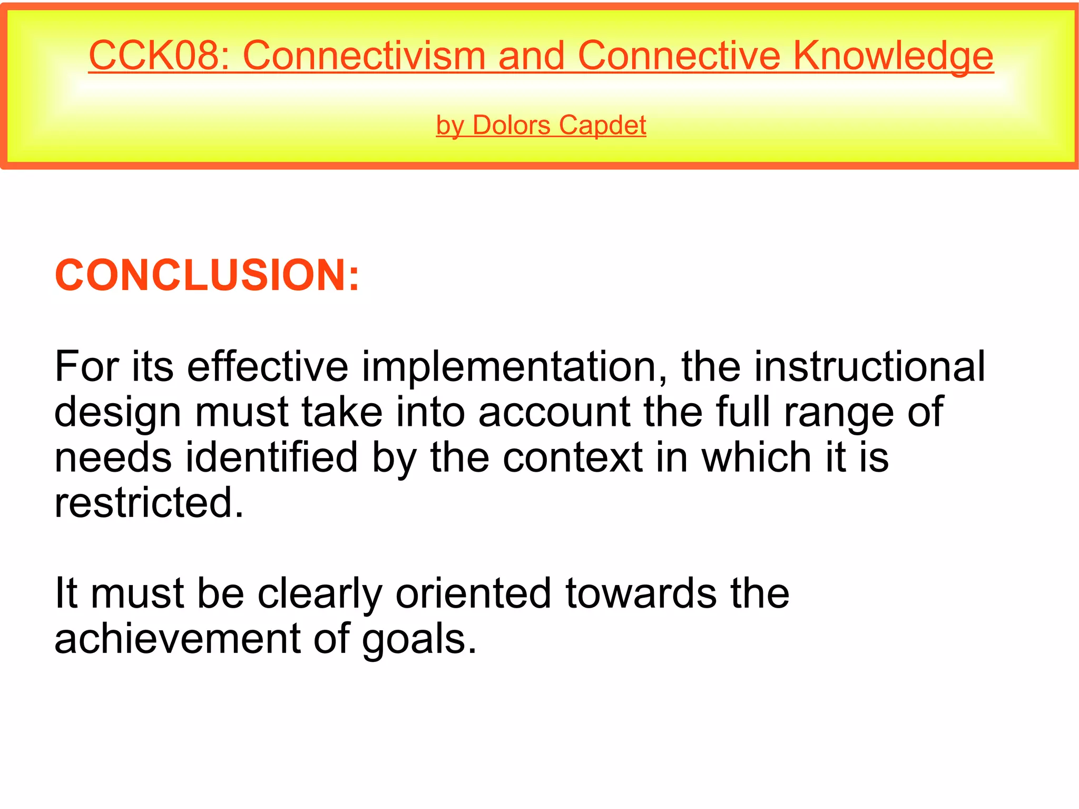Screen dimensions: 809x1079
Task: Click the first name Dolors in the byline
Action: click(x=511, y=125)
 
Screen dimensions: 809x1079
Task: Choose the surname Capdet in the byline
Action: click(x=602, y=125)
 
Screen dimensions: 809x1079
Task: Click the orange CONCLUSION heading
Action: click(x=207, y=275)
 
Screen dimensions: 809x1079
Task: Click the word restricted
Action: click(x=149, y=502)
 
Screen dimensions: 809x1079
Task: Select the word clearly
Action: click(x=319, y=593)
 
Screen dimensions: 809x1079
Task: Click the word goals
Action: click(x=419, y=639)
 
